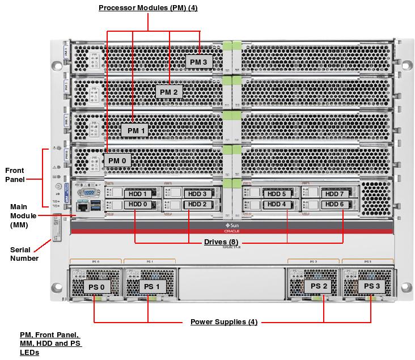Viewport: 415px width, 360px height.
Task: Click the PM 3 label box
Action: click(x=199, y=61)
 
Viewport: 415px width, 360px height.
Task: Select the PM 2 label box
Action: click(x=169, y=92)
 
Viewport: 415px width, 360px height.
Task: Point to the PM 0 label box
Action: click(x=117, y=160)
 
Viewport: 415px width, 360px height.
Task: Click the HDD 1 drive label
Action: click(x=138, y=194)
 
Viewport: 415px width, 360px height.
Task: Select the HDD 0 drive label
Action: click(x=138, y=204)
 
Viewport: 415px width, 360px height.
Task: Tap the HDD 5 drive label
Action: click(x=276, y=194)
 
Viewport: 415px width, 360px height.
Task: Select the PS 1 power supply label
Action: click(x=150, y=287)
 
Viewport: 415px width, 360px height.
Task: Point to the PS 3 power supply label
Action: click(x=372, y=286)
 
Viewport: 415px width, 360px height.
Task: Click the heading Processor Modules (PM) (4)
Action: click(x=149, y=8)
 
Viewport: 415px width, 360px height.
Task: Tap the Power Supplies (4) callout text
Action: click(x=224, y=322)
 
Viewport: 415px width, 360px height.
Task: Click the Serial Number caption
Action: click(x=24, y=254)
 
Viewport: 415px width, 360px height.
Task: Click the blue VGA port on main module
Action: click(x=89, y=193)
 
